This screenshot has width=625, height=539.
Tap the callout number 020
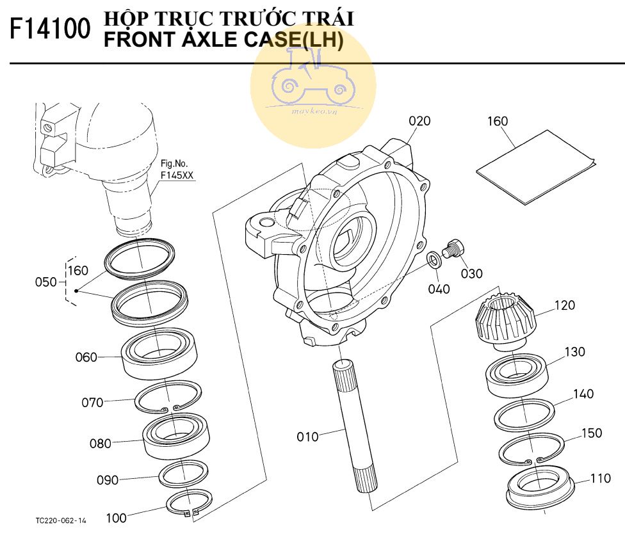point(419,121)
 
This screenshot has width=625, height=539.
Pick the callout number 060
point(86,357)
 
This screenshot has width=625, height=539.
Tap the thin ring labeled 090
point(182,474)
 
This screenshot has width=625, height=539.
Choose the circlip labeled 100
point(185,503)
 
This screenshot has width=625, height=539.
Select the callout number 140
point(583,394)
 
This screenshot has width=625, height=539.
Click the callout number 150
point(591,433)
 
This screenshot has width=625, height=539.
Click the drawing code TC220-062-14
point(61,520)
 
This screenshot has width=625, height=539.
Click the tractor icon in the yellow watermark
point(313,78)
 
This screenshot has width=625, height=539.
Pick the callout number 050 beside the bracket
point(45,282)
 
